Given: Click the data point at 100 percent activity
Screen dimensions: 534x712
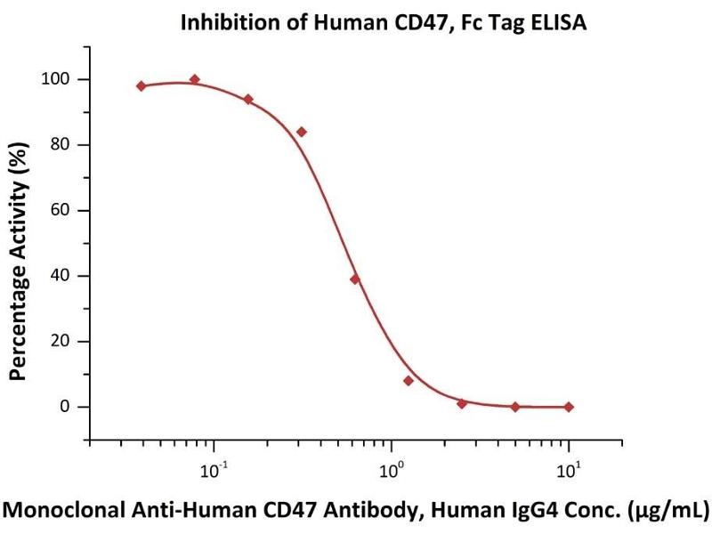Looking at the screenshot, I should tap(195, 79).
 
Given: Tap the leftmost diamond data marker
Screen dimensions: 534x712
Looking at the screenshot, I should tap(142, 85).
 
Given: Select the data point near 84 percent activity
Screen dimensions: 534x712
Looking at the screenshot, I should tap(302, 132).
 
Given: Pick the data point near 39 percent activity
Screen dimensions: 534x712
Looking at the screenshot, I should tap(355, 279).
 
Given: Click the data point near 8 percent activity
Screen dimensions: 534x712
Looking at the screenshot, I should tap(409, 380).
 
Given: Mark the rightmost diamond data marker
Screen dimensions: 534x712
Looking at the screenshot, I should tap(569, 407).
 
